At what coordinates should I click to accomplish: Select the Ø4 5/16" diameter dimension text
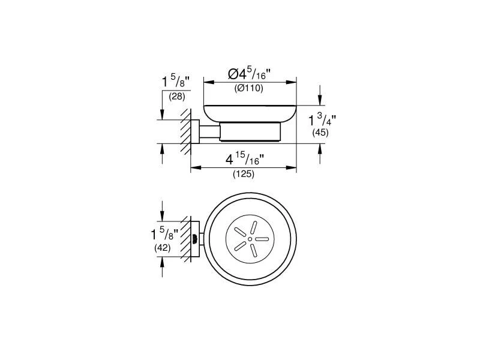point(250,74)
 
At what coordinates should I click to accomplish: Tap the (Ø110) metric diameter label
point(249,89)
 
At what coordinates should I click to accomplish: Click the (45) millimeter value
point(320,133)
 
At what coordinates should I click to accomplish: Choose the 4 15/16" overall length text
point(244,160)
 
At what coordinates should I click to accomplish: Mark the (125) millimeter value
point(244,175)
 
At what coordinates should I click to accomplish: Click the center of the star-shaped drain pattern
point(246,239)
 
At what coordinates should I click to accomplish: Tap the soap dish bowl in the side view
point(250,113)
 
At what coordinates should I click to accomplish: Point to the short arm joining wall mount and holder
point(209,132)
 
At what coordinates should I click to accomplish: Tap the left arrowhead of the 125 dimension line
point(194,169)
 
